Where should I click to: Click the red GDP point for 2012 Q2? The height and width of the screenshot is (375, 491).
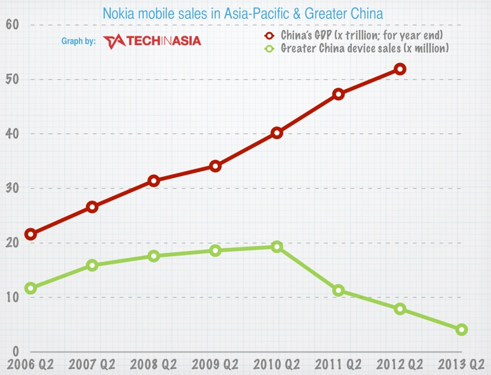tap(400, 69)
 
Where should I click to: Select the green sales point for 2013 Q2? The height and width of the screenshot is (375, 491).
tap(461, 329)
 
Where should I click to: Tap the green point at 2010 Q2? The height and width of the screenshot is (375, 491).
tap(277, 247)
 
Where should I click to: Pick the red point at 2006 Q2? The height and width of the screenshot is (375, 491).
tap(30, 235)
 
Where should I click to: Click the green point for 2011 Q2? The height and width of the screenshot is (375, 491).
tap(339, 290)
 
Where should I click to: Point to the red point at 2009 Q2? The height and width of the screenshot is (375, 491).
tap(215, 167)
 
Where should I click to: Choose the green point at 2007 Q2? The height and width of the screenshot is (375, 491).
tap(92, 265)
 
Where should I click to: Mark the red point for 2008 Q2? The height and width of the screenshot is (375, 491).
tap(154, 181)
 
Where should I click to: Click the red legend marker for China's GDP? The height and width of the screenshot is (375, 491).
tap(269, 35)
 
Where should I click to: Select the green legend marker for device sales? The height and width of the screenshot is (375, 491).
tap(269, 48)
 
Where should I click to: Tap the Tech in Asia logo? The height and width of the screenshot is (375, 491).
tap(152, 41)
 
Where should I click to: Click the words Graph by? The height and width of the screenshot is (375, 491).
tap(78, 41)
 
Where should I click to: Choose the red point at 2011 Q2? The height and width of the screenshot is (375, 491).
tap(339, 94)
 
